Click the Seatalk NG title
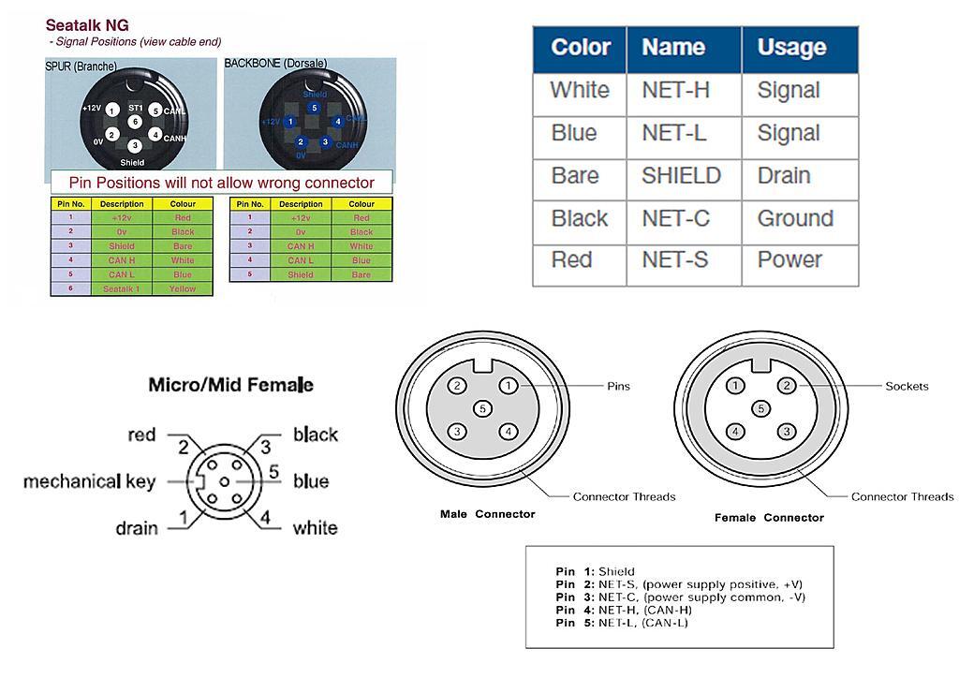[x=87, y=26]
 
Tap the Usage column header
[x=791, y=48]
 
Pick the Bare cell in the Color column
[x=575, y=176]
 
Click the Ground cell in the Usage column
[x=795, y=218]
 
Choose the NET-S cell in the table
[x=674, y=259]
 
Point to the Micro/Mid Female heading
[x=230, y=385]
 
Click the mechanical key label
[x=89, y=482]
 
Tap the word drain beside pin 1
[x=136, y=529]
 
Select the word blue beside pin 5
[x=311, y=481]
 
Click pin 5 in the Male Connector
[x=482, y=408]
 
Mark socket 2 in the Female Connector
[x=788, y=386]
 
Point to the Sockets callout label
[x=907, y=386]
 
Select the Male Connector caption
[x=487, y=514]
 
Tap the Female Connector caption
[x=769, y=517]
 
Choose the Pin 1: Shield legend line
[x=595, y=571]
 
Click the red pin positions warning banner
[x=221, y=183]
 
